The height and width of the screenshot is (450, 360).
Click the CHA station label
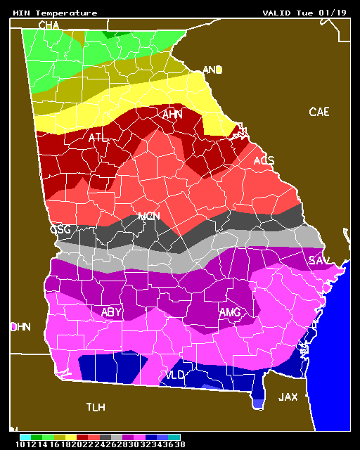(49, 25)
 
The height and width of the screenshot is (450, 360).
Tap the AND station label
(212, 70)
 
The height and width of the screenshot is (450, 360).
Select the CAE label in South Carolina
(319, 112)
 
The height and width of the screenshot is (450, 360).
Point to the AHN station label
(172, 115)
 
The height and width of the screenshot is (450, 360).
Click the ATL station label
(98, 138)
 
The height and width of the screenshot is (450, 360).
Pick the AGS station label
(264, 161)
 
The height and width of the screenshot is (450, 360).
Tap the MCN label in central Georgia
(148, 217)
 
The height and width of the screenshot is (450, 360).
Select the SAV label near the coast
(319, 261)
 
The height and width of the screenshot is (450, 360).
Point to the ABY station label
(112, 311)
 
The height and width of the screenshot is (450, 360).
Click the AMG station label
(230, 312)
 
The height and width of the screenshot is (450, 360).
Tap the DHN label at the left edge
(20, 327)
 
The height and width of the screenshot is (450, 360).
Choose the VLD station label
(174, 375)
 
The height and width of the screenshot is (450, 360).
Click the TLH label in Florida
(96, 407)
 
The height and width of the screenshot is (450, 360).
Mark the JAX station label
(288, 397)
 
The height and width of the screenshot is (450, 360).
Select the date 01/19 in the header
(335, 13)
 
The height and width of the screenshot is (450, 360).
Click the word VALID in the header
(276, 13)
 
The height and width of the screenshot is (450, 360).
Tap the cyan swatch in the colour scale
(25, 437)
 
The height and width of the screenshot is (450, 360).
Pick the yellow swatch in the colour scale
(71, 437)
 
